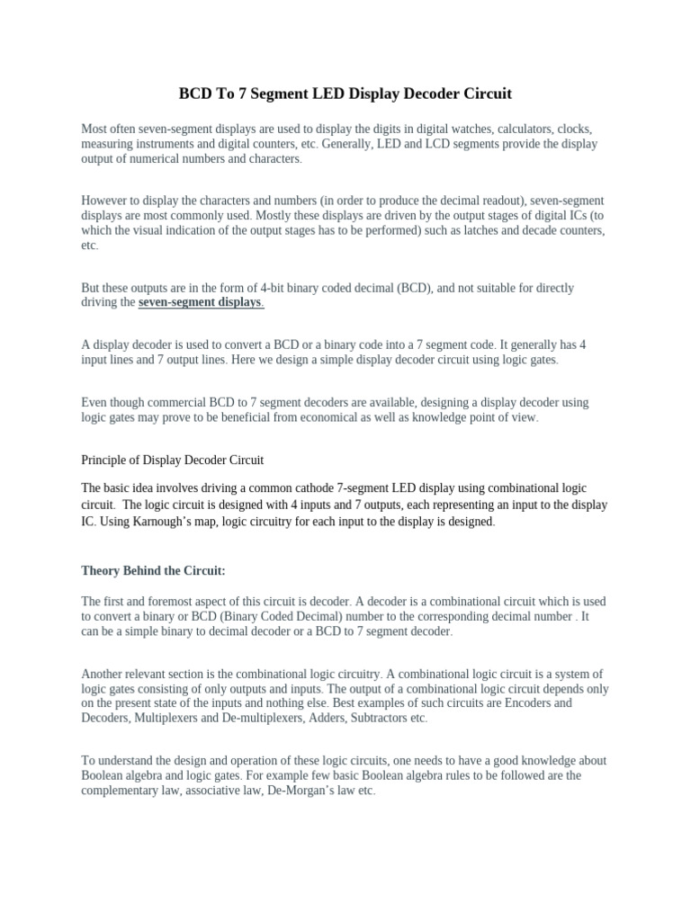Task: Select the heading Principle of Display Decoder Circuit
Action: point(172,460)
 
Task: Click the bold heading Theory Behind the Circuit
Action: point(153,571)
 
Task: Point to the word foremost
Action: point(175,601)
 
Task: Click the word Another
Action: point(103,674)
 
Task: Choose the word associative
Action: point(198,790)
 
